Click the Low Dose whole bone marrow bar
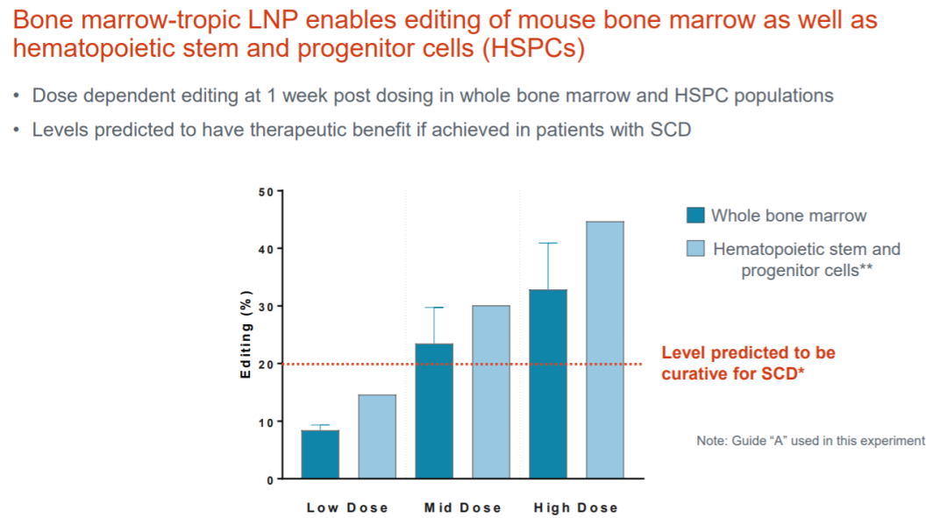[x=320, y=454]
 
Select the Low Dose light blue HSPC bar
[x=377, y=436]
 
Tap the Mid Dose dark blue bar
[x=434, y=411]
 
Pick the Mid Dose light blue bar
[x=491, y=392]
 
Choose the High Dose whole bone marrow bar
[x=548, y=384]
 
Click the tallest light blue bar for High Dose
[x=605, y=351]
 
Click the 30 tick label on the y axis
[x=266, y=307]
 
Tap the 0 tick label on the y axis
[x=270, y=480]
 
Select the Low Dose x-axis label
[x=347, y=507]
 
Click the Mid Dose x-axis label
[x=463, y=507]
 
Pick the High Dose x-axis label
[x=575, y=507]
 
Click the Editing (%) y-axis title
[x=246, y=335]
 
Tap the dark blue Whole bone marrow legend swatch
[x=695, y=215]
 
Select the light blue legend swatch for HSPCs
[x=695, y=248]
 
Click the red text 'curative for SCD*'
[x=732, y=373]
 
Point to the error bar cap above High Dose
[x=548, y=244]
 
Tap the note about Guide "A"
[x=810, y=441]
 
